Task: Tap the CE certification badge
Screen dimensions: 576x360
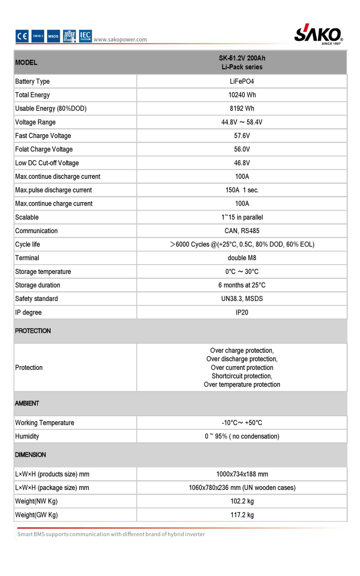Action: [22, 36]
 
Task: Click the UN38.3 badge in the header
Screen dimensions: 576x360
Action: [38, 36]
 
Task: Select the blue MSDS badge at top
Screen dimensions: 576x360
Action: [54, 36]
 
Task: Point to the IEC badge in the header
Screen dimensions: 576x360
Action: [85, 36]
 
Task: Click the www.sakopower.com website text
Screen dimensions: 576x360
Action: [120, 40]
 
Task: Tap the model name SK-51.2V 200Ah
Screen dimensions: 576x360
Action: [242, 58]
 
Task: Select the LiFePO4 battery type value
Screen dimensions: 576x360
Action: [242, 81]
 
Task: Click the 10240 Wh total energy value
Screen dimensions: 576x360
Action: [242, 95]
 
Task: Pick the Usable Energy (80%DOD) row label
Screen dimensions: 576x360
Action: [51, 108]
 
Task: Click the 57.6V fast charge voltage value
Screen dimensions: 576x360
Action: [242, 135]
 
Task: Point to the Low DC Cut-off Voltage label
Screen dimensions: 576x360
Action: [47, 163]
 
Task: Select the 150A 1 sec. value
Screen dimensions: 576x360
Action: [242, 190]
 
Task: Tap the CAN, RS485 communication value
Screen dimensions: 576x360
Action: [242, 231]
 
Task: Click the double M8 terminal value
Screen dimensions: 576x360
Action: [242, 258]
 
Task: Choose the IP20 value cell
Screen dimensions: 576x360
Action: [242, 312]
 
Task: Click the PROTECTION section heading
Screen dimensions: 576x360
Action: [33, 331]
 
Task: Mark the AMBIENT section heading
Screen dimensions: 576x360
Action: [27, 403]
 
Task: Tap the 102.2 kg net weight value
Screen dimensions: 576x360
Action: [242, 501]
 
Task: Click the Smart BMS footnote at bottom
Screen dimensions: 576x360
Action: [111, 534]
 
